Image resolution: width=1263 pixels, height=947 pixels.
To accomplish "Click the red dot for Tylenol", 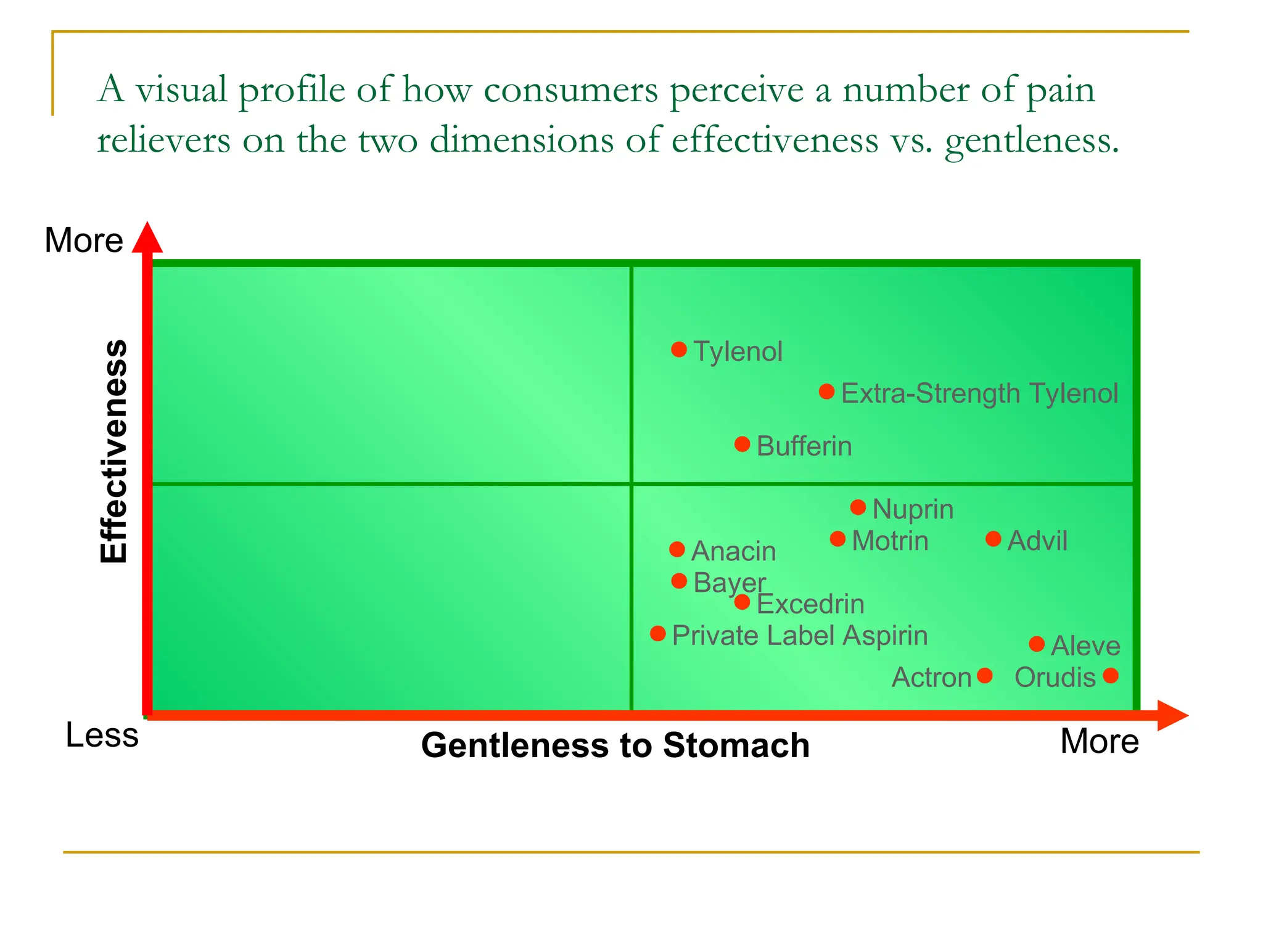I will pyautogui.click(x=679, y=350).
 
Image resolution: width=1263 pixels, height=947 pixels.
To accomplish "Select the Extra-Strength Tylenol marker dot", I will pyautogui.click(x=827, y=392).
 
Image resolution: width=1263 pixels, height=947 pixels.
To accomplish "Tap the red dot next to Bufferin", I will pyautogui.click(x=743, y=444).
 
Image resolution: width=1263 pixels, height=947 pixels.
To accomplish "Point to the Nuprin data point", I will pyautogui.click(x=858, y=507).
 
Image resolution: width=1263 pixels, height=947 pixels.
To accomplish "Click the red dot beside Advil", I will pyautogui.click(x=993, y=539).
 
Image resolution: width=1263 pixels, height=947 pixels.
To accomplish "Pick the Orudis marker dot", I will pyautogui.click(x=1111, y=676).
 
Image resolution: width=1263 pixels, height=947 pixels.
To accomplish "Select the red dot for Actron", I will pyautogui.click(x=985, y=676).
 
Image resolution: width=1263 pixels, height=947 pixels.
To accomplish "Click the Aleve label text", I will pyautogui.click(x=1085, y=646).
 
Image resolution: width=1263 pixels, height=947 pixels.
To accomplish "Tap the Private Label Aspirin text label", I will pyautogui.click(x=800, y=636).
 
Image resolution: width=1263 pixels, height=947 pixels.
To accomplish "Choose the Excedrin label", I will pyautogui.click(x=810, y=604).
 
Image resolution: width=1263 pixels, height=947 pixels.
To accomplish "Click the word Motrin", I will pyautogui.click(x=890, y=541).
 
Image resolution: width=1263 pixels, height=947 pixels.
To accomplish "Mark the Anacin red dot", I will pyautogui.click(x=677, y=549).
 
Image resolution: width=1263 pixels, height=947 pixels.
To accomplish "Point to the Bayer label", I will pyautogui.click(x=729, y=583).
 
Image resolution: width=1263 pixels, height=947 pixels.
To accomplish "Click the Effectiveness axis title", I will pyautogui.click(x=114, y=451).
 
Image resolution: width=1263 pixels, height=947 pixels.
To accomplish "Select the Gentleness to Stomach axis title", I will pyautogui.click(x=615, y=745).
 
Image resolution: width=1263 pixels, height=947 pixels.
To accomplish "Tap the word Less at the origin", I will pyautogui.click(x=102, y=735).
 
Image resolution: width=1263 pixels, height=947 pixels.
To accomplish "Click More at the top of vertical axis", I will pyautogui.click(x=84, y=240).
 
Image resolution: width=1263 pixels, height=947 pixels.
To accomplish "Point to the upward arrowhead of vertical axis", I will pyautogui.click(x=147, y=238).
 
